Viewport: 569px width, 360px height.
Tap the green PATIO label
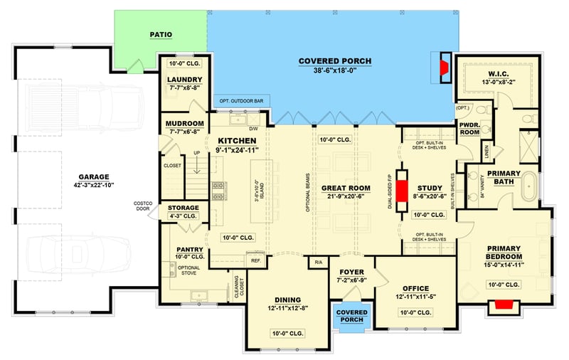click(x=161, y=34)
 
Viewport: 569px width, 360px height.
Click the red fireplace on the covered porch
click(x=443, y=68)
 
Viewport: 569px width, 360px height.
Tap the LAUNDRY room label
click(x=185, y=80)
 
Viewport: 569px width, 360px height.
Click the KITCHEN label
click(x=237, y=141)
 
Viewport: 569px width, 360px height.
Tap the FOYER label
click(x=351, y=271)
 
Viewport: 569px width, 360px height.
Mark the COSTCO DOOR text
click(x=142, y=206)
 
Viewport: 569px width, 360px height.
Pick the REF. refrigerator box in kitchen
click(x=255, y=261)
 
